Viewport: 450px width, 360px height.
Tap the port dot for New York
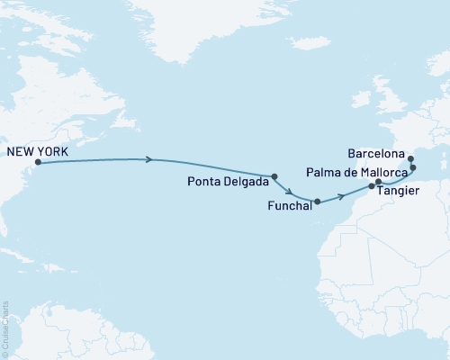tap(38, 163)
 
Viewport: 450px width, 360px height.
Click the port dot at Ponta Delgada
tap(274, 176)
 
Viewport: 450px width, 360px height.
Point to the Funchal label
tap(288, 206)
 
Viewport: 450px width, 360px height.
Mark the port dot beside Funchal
tap(317, 202)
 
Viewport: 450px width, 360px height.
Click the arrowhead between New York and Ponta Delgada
tap(149, 160)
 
